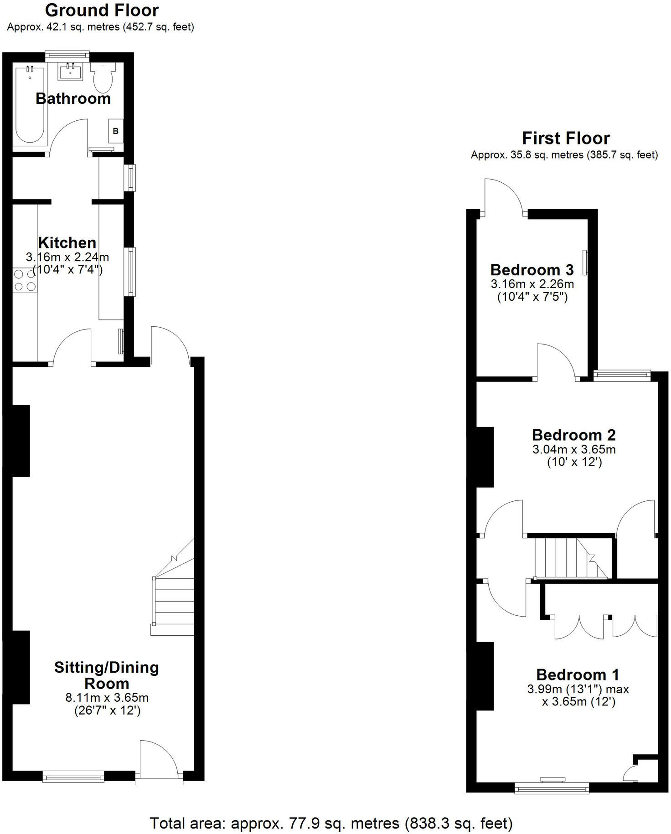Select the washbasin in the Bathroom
pos(71,72)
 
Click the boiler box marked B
pos(116,131)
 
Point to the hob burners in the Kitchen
pos(25,280)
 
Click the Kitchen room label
pos(67,242)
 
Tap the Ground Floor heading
pos(102,10)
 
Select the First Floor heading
pos(566,138)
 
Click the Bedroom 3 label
pos(532,269)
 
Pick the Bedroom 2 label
pos(574,435)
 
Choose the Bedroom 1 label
pos(578,674)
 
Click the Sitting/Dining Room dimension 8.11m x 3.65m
pos(107,697)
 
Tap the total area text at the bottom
pos(331,823)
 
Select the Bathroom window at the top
pos(67,55)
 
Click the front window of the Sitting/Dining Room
pos(73,776)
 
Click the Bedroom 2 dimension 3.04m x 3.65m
pos(574,449)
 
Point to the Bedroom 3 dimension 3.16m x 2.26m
pos(532,284)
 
